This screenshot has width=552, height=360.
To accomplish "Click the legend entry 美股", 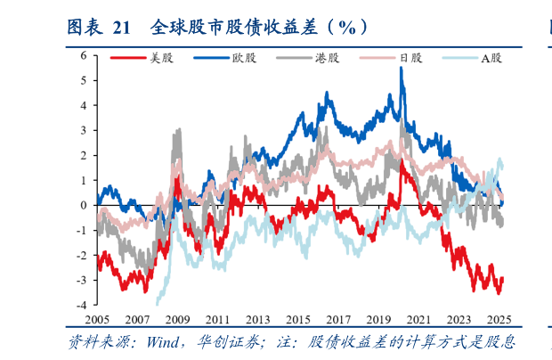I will (160, 59).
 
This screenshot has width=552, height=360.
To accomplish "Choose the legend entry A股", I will (491, 59).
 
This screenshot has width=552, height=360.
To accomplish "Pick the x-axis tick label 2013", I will (258, 320).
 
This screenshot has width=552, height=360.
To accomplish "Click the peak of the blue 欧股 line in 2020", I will (402, 69).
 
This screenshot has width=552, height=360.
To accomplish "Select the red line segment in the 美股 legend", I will (129, 59).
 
